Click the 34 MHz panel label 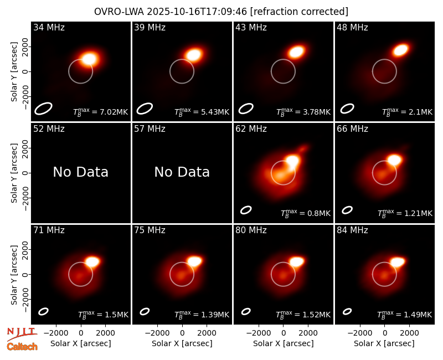49,27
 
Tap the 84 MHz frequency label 352,230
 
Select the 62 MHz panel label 251,129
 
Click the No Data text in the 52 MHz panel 81,172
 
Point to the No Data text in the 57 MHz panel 182,172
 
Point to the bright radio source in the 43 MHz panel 296,52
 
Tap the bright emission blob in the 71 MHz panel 92,261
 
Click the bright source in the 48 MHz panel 400,50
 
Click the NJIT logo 22,334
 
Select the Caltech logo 22,347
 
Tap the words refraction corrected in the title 299,12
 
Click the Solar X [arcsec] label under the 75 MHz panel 182,343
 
